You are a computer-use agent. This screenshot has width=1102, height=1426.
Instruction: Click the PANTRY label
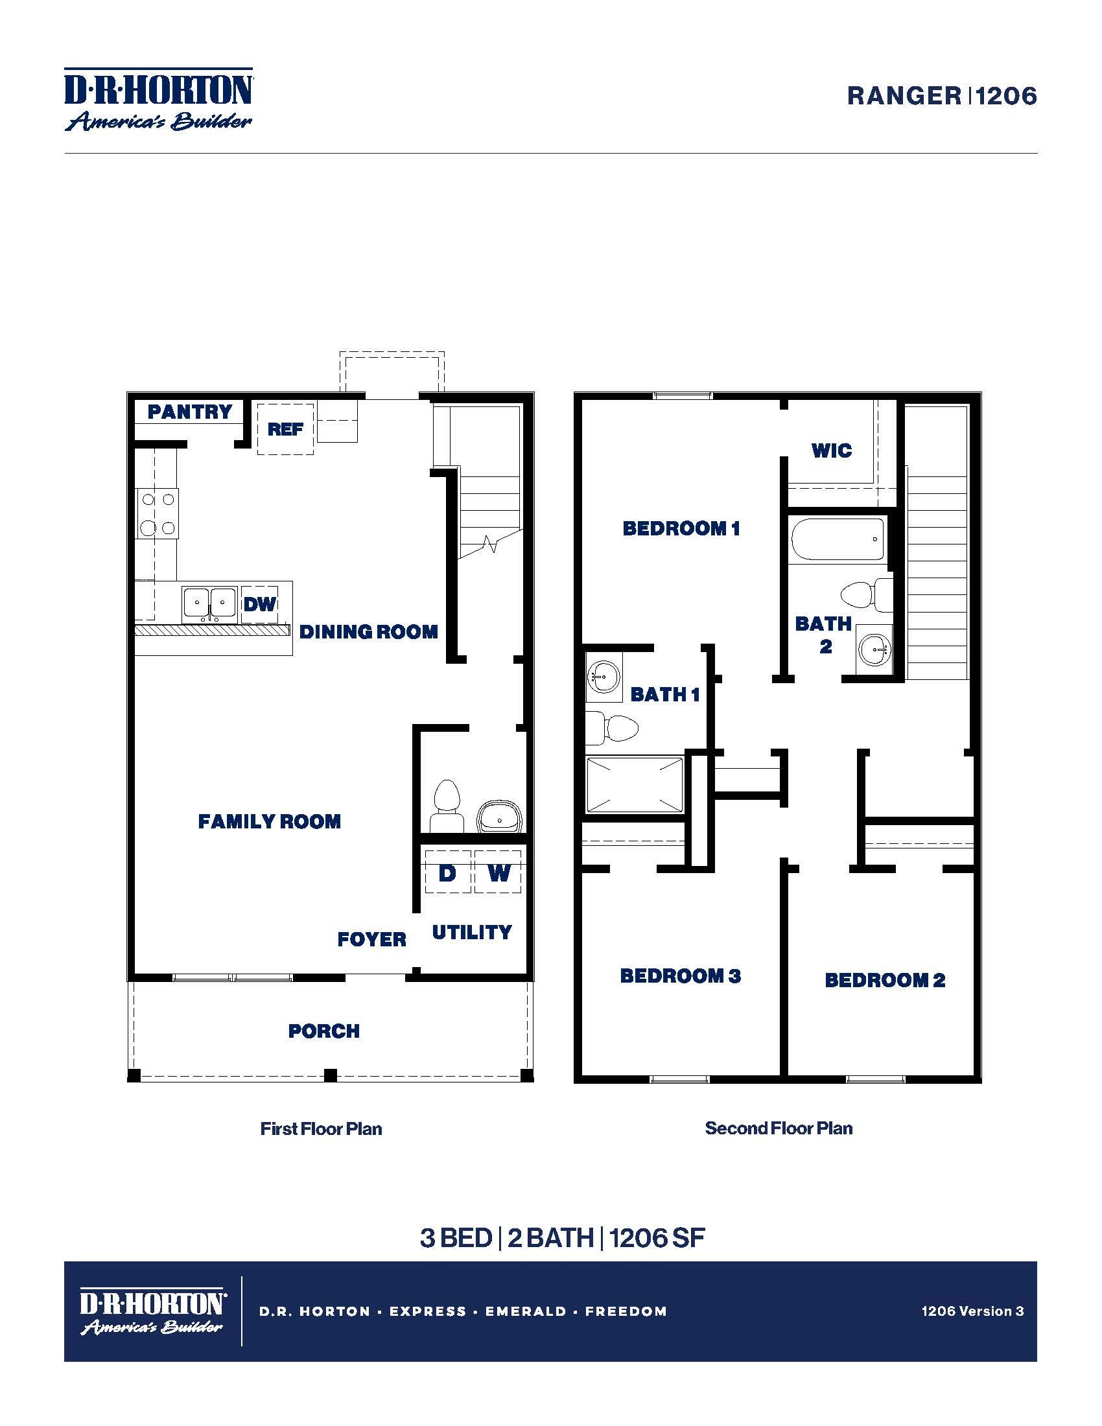[189, 412]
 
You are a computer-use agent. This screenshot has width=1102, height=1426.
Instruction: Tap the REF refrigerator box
[285, 429]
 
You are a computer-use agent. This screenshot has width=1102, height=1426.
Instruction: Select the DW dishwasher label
[260, 604]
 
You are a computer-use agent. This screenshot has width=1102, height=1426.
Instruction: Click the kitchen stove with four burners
[158, 514]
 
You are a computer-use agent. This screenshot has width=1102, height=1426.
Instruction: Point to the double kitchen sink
[209, 603]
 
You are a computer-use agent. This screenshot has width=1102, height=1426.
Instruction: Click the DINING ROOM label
[368, 632]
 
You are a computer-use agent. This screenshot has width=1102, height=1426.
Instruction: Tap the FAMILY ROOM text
[269, 821]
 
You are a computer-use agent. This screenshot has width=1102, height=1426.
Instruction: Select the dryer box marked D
[447, 872]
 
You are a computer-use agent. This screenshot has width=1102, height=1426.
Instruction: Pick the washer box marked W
[498, 872]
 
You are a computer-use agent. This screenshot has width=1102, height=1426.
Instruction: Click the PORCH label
[324, 1031]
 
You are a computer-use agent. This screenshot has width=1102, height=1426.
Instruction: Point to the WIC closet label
[831, 450]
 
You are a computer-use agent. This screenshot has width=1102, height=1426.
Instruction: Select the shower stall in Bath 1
[634, 784]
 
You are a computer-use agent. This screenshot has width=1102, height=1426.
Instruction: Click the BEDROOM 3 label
[679, 976]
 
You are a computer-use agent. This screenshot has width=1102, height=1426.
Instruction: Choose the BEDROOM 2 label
[885, 980]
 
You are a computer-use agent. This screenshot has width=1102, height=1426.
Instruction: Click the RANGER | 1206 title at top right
[941, 96]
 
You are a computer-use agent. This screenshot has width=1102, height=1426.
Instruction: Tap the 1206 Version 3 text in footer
[972, 1311]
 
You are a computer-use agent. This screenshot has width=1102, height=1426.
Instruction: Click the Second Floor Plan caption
[778, 1128]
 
